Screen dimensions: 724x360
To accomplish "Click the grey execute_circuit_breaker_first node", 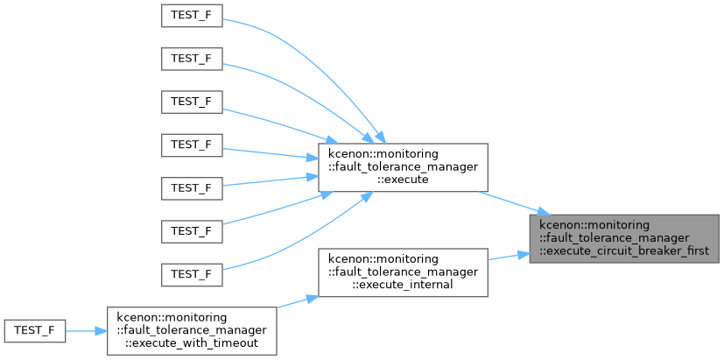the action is click(x=624, y=238).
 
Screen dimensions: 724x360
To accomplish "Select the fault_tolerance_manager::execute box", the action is click(x=403, y=167).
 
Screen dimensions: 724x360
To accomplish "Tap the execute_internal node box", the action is click(x=403, y=272).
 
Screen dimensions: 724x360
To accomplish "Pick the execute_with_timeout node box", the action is click(x=192, y=331).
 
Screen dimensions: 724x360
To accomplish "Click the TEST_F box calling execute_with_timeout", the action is click(x=35, y=331).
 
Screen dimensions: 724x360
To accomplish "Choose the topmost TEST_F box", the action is click(x=192, y=16).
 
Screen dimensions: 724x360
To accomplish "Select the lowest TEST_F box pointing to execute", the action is click(x=192, y=274).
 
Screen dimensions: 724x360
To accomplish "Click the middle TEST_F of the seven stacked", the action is click(x=192, y=145).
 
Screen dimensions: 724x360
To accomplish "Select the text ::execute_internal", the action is click(x=403, y=284).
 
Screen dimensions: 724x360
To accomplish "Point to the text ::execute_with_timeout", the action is click(x=192, y=342).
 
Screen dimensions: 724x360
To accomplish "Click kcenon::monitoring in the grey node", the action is click(x=594, y=226).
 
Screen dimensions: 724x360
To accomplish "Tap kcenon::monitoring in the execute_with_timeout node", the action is click(x=172, y=319).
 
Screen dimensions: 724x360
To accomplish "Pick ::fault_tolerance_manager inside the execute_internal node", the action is click(x=403, y=272).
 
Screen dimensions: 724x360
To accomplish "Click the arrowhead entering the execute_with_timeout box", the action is click(x=102, y=331).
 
